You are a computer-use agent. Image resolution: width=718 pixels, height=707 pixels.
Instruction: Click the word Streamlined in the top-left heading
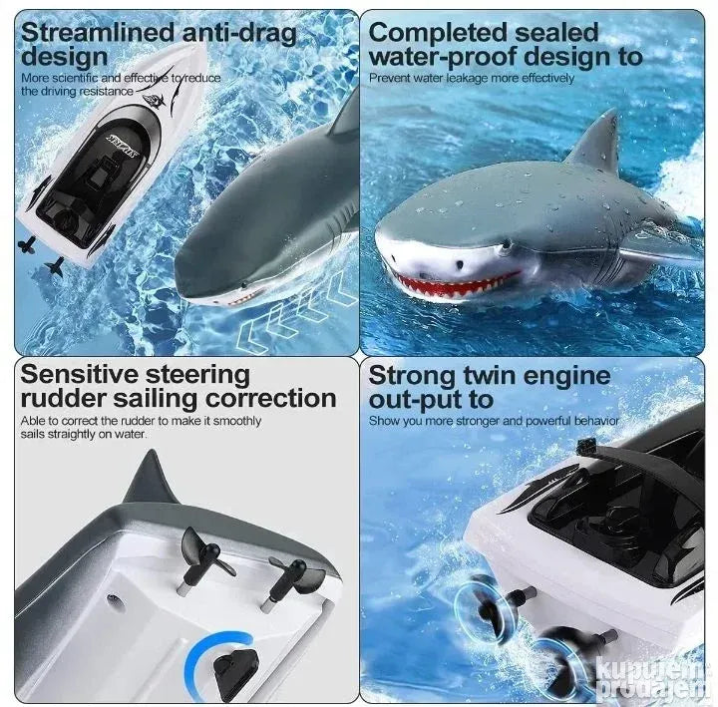pos(98,33)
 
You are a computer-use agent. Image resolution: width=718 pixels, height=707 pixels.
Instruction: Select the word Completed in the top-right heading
pos(438,34)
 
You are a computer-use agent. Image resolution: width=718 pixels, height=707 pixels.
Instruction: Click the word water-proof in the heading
pos(442,57)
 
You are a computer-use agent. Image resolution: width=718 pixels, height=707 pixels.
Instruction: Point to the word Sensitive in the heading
pos(79,375)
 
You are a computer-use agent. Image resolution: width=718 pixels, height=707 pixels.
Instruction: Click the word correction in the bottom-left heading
pos(271,399)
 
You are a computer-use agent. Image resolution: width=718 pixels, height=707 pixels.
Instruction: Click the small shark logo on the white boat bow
pos(155,102)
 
